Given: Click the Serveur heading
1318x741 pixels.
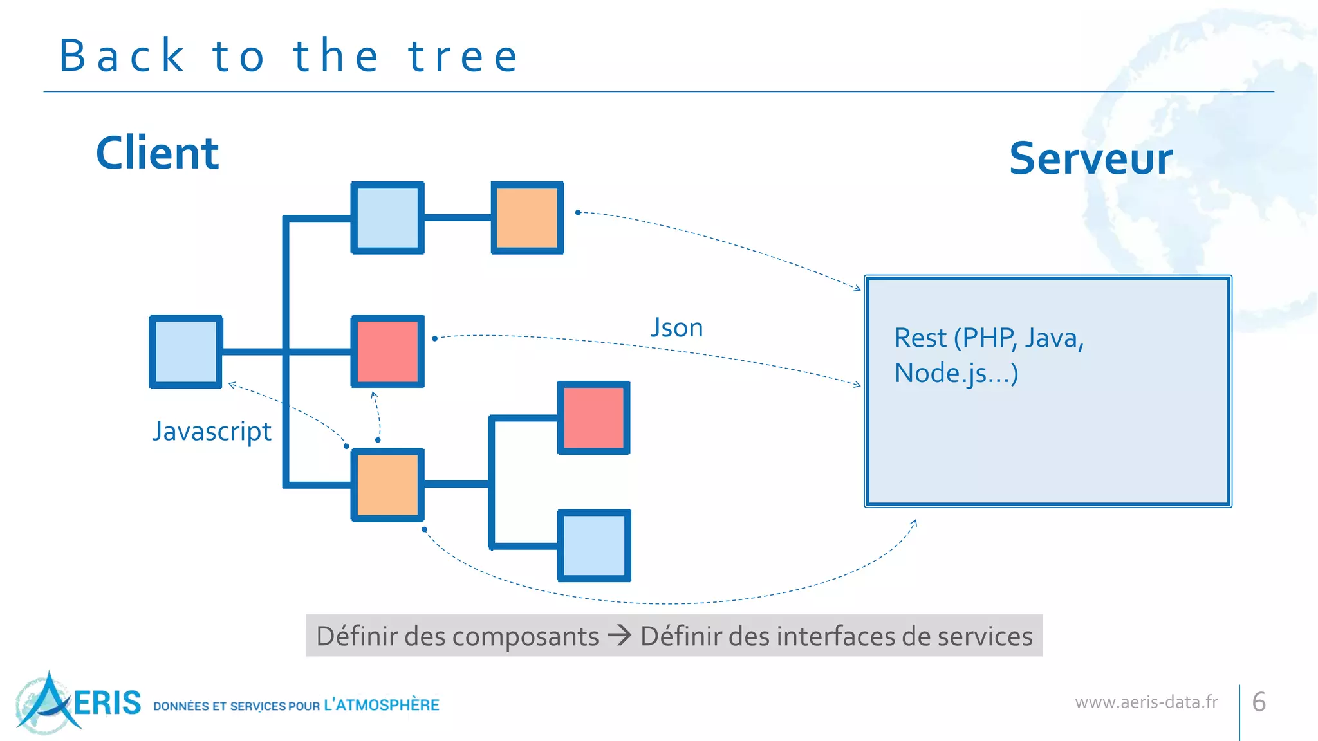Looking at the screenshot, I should click(x=1090, y=159).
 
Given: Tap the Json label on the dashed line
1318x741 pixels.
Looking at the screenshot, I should click(x=676, y=327).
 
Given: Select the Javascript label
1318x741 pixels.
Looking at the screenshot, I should click(x=212, y=431).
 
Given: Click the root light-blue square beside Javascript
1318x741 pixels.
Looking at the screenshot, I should click(x=186, y=352).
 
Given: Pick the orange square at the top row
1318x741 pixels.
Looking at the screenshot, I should click(x=527, y=218).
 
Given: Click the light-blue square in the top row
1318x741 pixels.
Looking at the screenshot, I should click(x=387, y=218).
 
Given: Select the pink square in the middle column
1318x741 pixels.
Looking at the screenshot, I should click(x=387, y=351).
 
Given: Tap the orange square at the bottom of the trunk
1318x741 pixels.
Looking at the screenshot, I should click(x=387, y=484).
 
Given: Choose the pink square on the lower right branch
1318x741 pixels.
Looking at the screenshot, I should click(x=593, y=418).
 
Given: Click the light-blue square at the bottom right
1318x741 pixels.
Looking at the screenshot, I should click(x=593, y=545).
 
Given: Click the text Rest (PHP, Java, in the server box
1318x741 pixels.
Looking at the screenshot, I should click(x=988, y=338).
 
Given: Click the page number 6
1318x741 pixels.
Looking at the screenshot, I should click(x=1259, y=702).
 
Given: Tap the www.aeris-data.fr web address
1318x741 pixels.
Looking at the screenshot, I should click(x=1146, y=702).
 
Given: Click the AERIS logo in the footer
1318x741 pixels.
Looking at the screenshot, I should click(x=77, y=702).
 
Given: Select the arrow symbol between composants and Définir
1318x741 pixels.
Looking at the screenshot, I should click(x=620, y=636).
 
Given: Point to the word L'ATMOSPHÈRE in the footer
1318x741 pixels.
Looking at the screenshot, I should click(x=381, y=705).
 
